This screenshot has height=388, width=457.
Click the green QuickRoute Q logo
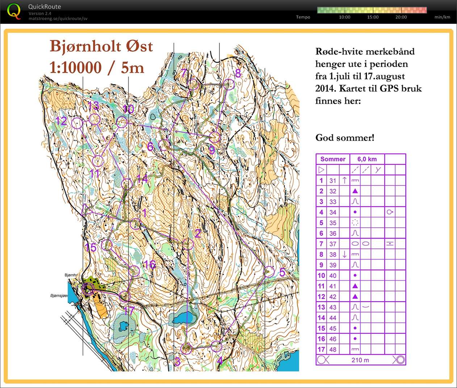[x=14, y=11]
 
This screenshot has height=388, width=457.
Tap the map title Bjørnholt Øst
[x=101, y=46]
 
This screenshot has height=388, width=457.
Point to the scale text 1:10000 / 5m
[x=96, y=67]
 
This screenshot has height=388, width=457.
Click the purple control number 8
[x=238, y=73]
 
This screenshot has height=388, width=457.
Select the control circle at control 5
[x=269, y=271]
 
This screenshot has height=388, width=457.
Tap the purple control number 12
[x=61, y=121]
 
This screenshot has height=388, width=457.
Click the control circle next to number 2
[x=188, y=244]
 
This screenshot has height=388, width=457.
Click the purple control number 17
[x=129, y=311]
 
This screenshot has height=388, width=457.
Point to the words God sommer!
[x=345, y=138]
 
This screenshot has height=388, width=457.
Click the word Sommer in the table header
[x=333, y=159]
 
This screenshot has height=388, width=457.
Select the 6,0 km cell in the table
[x=367, y=159]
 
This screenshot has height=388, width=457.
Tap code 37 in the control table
[x=333, y=244]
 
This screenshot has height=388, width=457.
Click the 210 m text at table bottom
[x=360, y=360]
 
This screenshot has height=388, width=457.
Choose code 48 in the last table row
[x=333, y=350]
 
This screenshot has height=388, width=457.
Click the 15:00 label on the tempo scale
[x=373, y=17]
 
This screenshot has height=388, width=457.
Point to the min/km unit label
[x=442, y=17]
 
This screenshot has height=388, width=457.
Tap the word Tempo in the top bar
[x=303, y=17]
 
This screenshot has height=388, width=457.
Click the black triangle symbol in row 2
[x=355, y=191]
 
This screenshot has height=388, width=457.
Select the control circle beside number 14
[x=127, y=184]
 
